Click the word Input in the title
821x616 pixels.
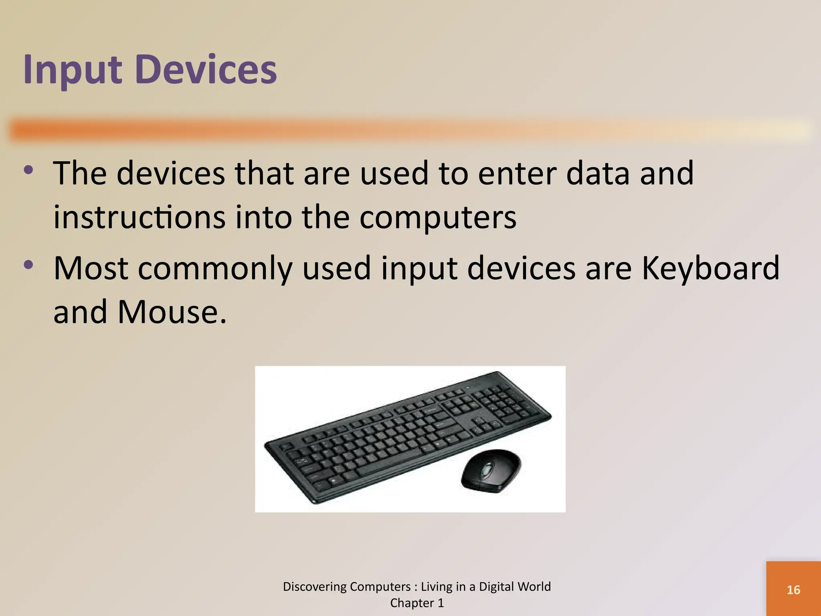tap(72, 71)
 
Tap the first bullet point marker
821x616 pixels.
tap(28, 170)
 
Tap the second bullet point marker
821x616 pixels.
tap(28, 265)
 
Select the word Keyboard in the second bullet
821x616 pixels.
tap(710, 269)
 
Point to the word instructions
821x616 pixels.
tap(140, 217)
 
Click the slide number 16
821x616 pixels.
tap(793, 590)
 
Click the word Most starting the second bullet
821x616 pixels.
tap(91, 269)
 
